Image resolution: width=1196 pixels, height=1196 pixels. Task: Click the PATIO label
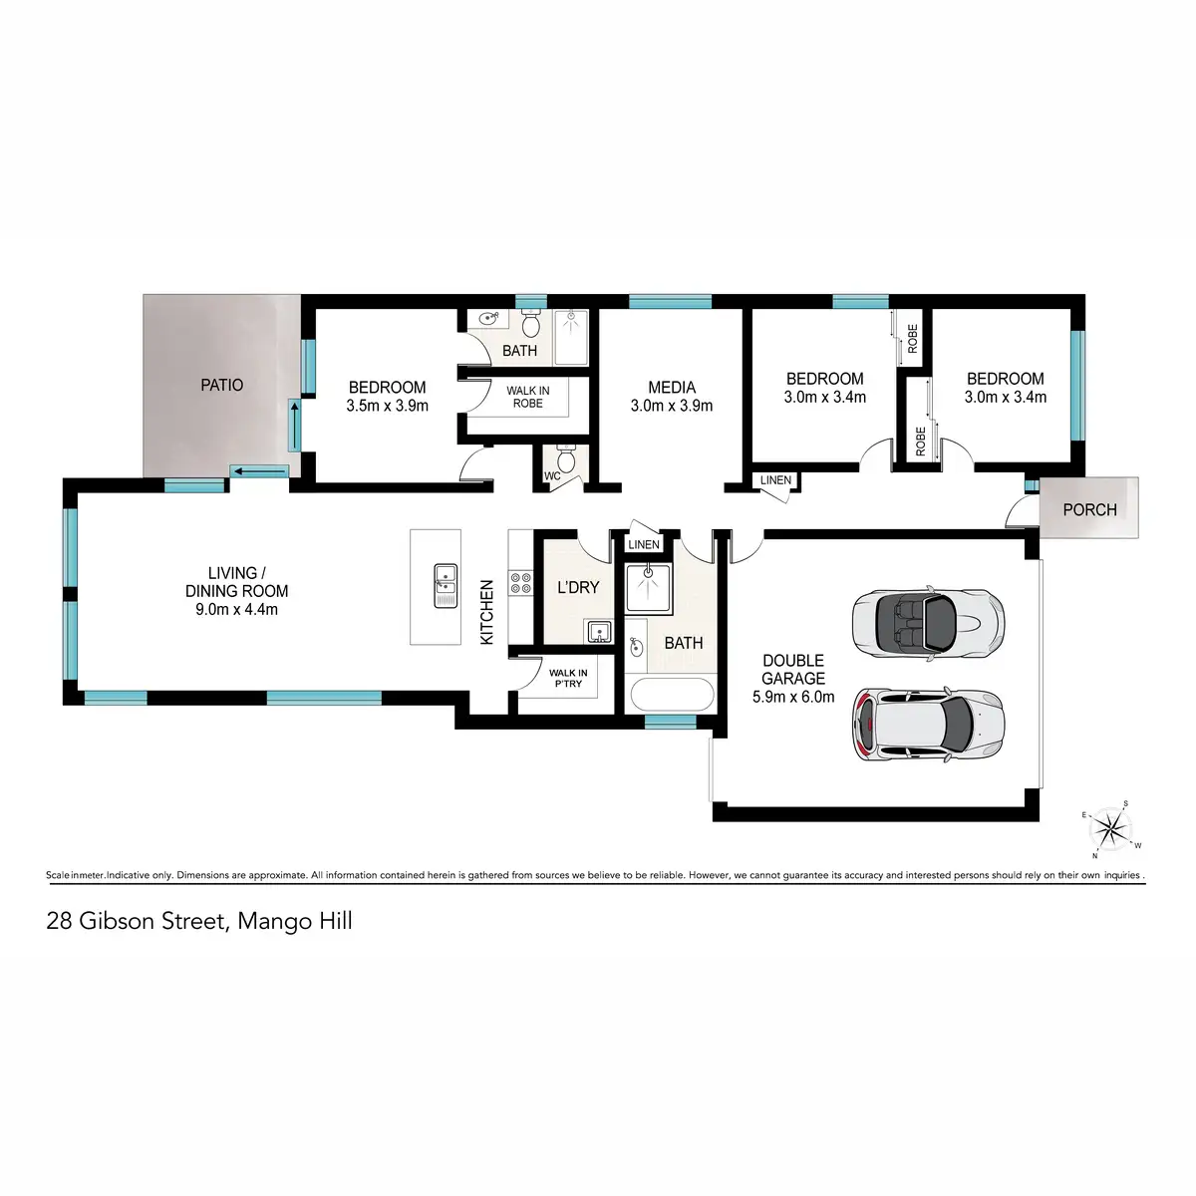click(221, 385)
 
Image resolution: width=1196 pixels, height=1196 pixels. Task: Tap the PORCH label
click(1089, 509)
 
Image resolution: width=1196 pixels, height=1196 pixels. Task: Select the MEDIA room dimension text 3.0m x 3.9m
click(671, 407)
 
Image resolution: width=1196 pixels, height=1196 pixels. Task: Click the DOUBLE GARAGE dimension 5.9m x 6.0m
click(793, 698)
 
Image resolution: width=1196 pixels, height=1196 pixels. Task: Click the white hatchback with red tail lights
click(927, 725)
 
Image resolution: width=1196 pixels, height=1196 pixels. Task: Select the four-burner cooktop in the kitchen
click(520, 583)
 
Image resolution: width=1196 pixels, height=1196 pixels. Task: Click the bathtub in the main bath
click(670, 694)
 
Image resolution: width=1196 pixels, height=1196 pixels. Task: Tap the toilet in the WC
click(566, 459)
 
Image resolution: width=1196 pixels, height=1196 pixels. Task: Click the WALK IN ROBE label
click(527, 397)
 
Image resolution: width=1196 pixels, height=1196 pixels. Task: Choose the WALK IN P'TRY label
click(568, 679)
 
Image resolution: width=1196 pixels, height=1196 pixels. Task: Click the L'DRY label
click(578, 587)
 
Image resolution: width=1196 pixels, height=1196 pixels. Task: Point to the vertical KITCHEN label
click(487, 612)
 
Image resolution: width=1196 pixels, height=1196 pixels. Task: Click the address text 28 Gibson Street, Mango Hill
click(199, 921)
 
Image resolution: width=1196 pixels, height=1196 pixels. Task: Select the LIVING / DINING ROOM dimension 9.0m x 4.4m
click(236, 609)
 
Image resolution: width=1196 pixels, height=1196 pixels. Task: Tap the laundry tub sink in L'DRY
click(598, 631)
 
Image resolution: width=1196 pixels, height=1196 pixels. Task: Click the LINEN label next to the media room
click(775, 480)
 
